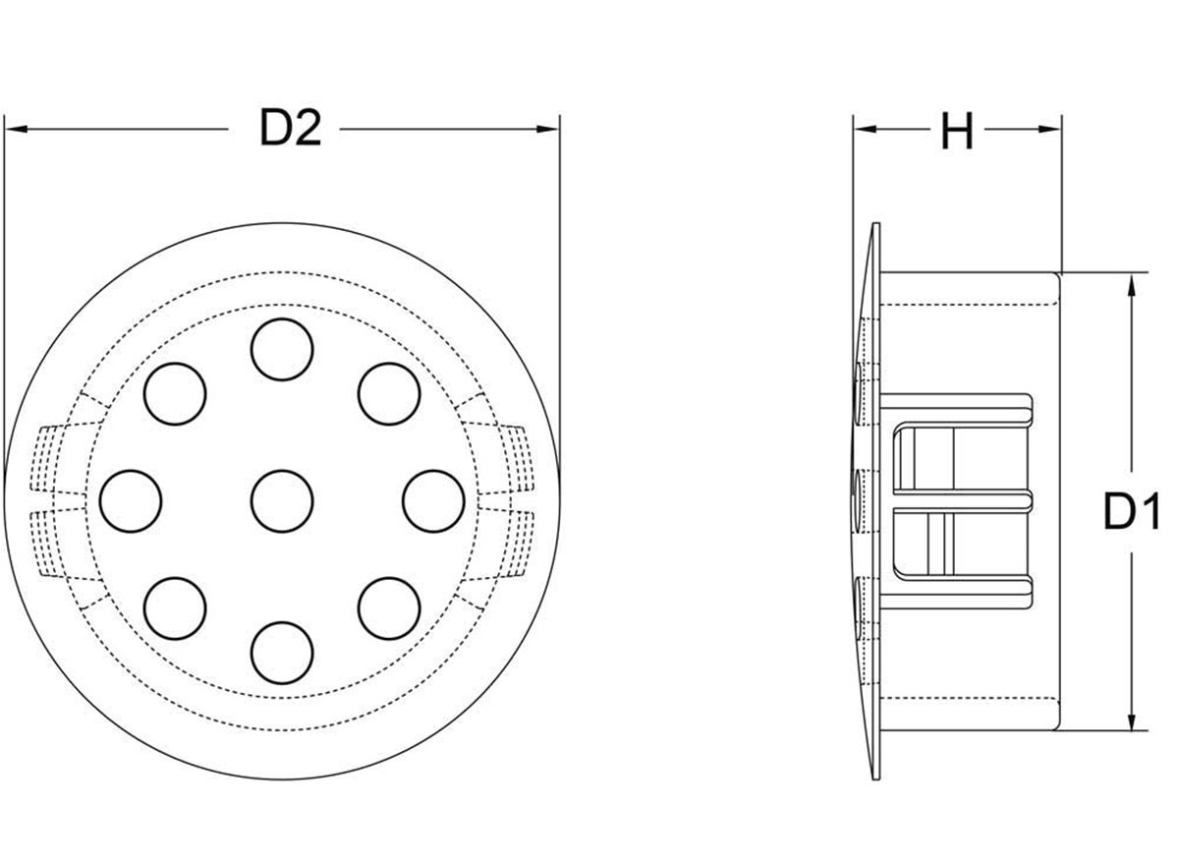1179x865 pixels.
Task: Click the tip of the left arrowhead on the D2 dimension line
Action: (5, 129)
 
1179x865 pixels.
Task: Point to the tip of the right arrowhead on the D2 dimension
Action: (558, 129)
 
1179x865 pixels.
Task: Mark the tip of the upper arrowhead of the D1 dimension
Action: (1132, 274)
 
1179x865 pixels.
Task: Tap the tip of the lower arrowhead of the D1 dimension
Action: (1132, 729)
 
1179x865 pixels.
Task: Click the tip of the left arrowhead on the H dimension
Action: (854, 129)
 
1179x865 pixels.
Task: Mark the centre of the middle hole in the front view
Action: (282, 501)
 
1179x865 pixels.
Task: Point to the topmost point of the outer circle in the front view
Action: (282, 223)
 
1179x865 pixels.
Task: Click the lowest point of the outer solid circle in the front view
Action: (282, 779)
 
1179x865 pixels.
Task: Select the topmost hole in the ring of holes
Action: (282, 350)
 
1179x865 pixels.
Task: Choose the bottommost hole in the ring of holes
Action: (282, 653)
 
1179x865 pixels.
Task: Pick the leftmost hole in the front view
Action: (131, 501)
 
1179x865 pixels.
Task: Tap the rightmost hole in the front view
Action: (433, 501)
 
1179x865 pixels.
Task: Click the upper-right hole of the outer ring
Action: (389, 394)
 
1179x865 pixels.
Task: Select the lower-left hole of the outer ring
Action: (175, 608)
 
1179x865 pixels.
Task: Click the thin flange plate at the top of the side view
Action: (876, 248)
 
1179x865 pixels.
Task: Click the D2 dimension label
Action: (291, 128)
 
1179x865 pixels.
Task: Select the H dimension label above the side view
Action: (957, 131)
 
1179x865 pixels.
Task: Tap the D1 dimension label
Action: (1132, 511)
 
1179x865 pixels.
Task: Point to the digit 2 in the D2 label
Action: (307, 128)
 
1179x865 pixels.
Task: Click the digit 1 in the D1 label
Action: (1151, 511)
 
